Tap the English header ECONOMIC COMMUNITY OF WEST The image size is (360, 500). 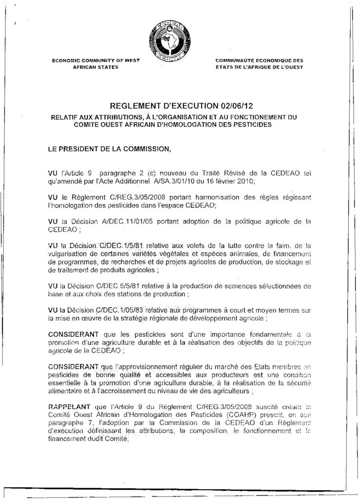pos(96,61)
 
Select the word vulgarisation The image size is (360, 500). pos(70,253)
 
